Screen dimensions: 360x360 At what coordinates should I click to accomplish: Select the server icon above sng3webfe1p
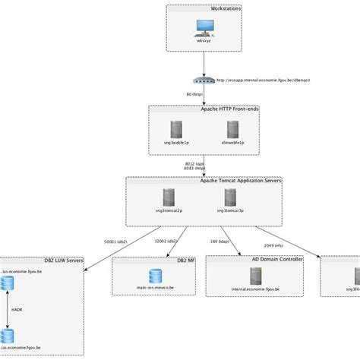click(178, 125)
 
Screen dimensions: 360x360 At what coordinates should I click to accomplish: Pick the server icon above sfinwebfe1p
click(228, 125)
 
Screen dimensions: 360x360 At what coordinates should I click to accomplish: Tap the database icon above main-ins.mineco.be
click(156, 275)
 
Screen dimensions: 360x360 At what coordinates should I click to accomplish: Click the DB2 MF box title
click(186, 260)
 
